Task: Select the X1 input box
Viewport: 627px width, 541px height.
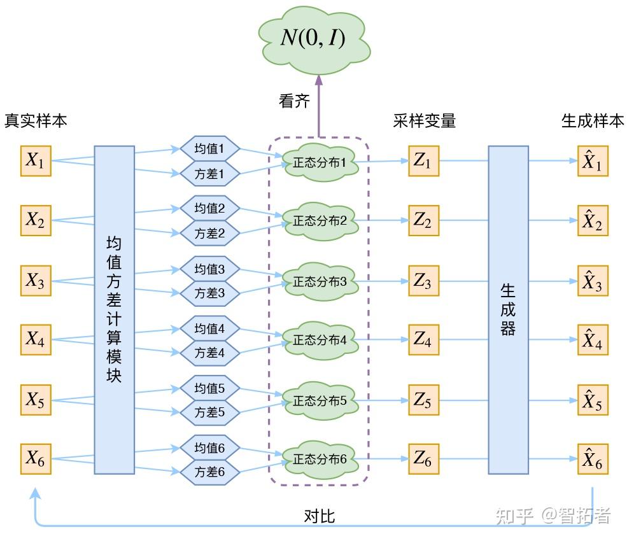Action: click(36, 161)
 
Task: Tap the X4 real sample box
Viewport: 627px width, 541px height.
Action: click(36, 340)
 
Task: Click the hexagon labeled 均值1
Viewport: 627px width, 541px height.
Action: click(209, 150)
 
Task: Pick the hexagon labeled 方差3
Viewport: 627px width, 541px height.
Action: click(209, 293)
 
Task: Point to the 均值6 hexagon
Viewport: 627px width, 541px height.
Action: click(209, 448)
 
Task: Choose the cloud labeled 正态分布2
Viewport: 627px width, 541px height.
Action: click(320, 221)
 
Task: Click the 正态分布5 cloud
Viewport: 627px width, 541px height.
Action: click(320, 400)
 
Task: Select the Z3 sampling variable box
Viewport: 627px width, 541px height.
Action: click(423, 281)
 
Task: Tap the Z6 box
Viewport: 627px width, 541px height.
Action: click(423, 458)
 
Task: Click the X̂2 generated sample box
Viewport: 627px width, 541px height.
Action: click(593, 221)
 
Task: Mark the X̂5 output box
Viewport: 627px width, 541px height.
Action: click(593, 400)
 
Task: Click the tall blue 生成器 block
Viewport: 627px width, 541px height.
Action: click(508, 310)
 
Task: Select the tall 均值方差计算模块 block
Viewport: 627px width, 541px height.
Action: click(115, 310)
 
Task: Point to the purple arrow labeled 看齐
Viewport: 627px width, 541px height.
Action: click(319, 105)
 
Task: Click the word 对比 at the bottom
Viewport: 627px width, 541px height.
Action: click(319, 516)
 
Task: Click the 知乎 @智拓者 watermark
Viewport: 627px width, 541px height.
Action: click(553, 516)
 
